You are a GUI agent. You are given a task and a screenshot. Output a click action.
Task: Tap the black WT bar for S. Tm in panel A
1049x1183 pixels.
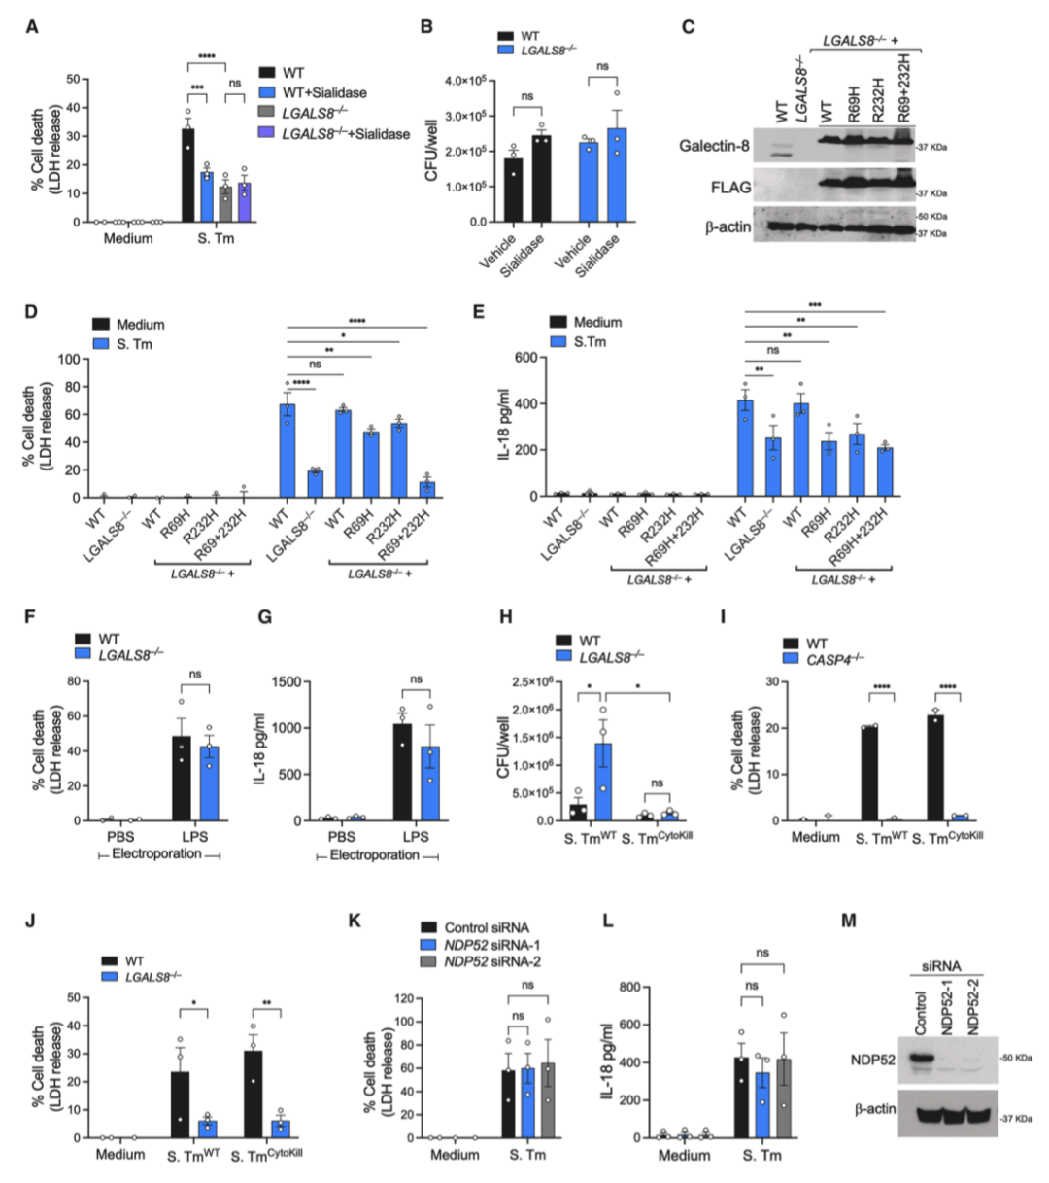[x=188, y=176]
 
